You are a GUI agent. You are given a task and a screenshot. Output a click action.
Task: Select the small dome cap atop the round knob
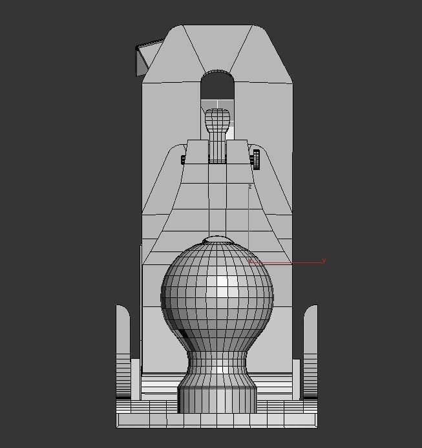point(217,240)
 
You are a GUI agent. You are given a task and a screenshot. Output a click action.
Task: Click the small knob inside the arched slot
point(217,121)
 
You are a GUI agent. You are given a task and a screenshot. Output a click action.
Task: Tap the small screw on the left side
point(184,159)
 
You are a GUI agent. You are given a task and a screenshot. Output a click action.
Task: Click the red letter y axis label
point(324,261)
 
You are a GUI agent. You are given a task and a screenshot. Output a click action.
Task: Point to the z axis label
point(249,187)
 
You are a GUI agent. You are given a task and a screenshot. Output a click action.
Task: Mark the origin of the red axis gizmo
point(250,262)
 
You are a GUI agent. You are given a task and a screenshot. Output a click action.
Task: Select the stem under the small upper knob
point(217,150)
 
